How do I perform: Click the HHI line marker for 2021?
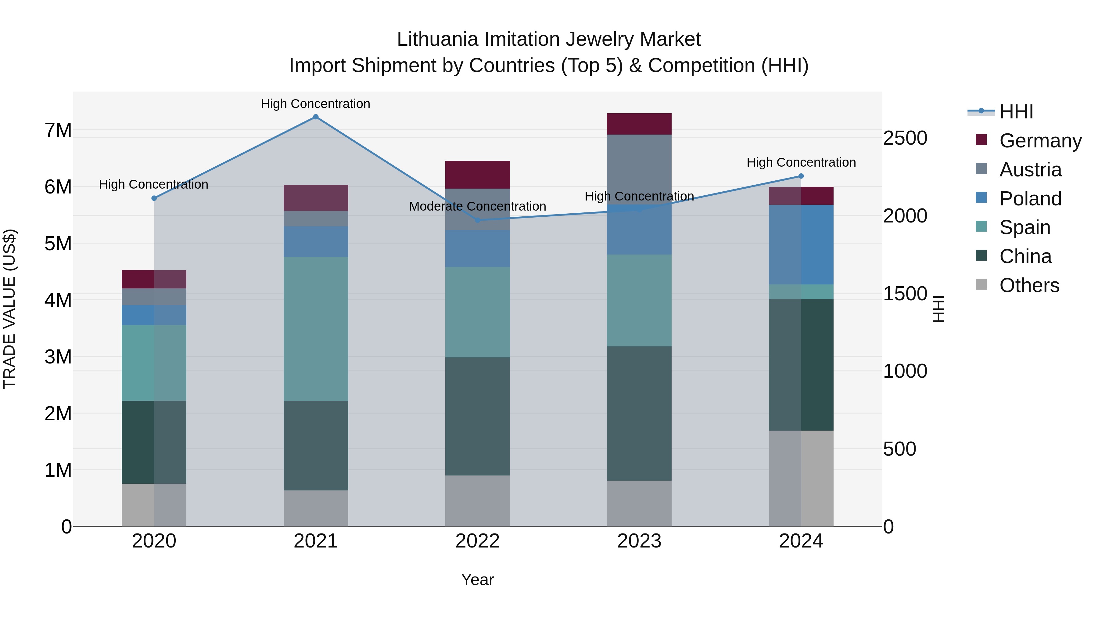pos(315,117)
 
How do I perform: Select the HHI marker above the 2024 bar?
pos(801,176)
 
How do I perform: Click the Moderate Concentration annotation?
pos(477,206)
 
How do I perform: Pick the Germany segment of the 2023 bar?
pos(639,124)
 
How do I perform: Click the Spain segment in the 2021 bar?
pos(316,328)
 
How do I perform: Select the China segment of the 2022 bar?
pos(477,416)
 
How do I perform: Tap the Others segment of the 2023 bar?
pos(639,503)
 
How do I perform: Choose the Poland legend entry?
pos(1030,199)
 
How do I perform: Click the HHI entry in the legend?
pos(1016,112)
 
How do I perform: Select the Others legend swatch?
pos(981,284)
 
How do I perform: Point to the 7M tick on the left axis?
pos(58,130)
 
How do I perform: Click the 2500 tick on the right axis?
pos(905,138)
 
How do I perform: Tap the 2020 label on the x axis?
pos(154,541)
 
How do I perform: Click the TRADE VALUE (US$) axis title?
pos(9,309)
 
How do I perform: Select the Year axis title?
pos(477,580)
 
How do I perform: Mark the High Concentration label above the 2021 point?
pos(315,104)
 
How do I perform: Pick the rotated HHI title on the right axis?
pos(938,309)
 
